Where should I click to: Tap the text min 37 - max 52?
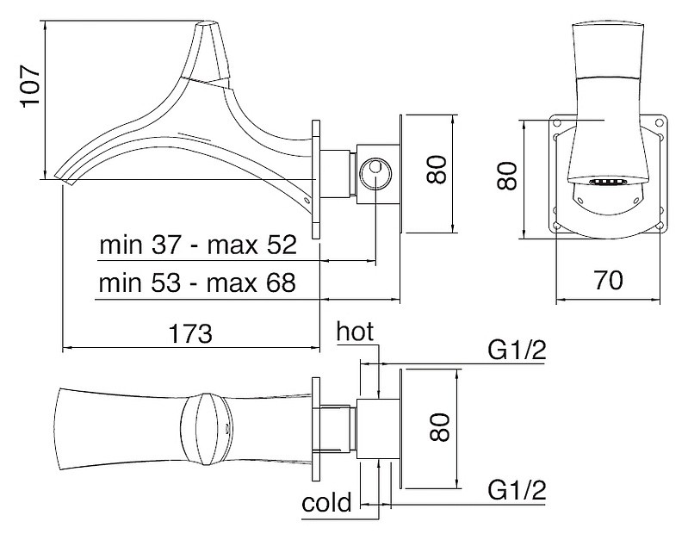coord(197,245)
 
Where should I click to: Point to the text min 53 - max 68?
coord(197,283)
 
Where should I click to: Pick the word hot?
coord(356,332)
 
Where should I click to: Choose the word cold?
coord(327,502)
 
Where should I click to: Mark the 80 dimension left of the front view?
coord(508,177)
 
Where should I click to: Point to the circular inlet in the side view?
coord(375,171)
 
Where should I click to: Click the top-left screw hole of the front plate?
coord(558,123)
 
